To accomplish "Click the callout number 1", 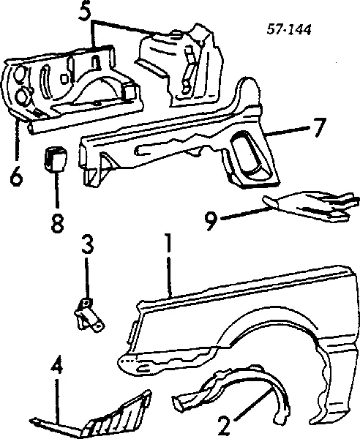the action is pyautogui.click(x=168, y=242).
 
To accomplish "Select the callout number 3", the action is pyautogui.click(x=87, y=246).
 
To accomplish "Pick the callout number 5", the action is pyautogui.click(x=86, y=10).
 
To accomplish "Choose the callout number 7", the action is pyautogui.click(x=318, y=127).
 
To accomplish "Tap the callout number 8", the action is pyautogui.click(x=57, y=223).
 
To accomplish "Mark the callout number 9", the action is pyautogui.click(x=211, y=221).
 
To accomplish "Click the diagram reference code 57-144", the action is pyautogui.click(x=289, y=29).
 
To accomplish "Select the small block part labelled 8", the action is pyautogui.click(x=56, y=160).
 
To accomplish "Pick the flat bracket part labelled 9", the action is pyautogui.click(x=311, y=207).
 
